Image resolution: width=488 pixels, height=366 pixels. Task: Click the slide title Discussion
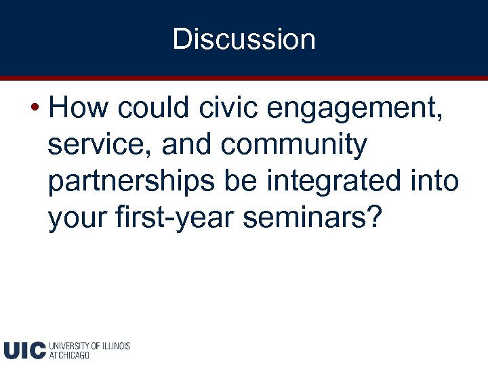(x=244, y=39)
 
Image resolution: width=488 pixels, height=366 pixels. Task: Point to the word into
(x=438, y=181)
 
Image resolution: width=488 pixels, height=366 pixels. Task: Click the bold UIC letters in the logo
(x=24, y=350)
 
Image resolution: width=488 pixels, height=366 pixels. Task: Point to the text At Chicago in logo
(x=68, y=355)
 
